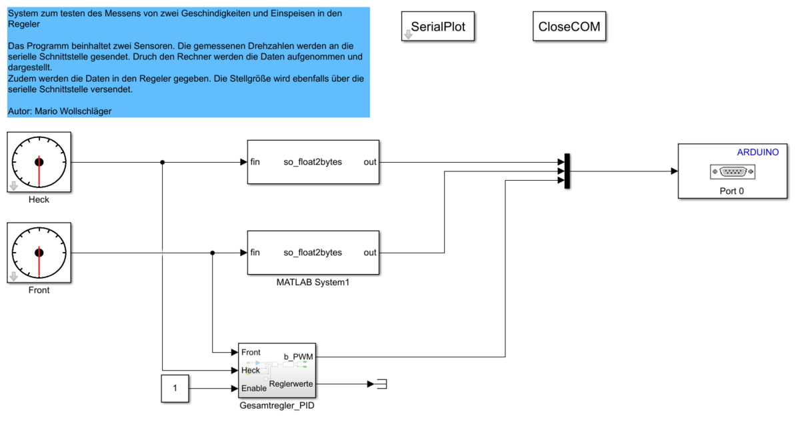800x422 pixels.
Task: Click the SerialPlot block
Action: (x=438, y=27)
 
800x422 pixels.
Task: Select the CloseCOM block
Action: (x=569, y=27)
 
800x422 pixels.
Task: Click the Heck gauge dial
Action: (x=39, y=162)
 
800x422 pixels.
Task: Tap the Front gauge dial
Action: (x=39, y=253)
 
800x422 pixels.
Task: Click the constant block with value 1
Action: (x=175, y=389)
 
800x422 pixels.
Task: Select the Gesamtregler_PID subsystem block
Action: (x=277, y=371)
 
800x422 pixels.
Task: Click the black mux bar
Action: (x=567, y=171)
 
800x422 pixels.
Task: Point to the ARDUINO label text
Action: (x=757, y=152)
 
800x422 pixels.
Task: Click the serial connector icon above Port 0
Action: (x=733, y=172)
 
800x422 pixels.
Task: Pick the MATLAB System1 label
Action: (x=313, y=283)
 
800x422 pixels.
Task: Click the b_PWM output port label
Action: (x=298, y=357)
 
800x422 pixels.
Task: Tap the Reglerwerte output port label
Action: (x=291, y=384)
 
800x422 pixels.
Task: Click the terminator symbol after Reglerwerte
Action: (x=381, y=384)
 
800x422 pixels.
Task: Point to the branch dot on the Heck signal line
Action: (x=163, y=162)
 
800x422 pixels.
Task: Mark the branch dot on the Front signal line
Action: (x=212, y=253)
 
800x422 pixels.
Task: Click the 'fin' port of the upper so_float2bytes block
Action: (x=255, y=162)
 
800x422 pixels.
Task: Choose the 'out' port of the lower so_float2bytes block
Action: (x=370, y=253)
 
